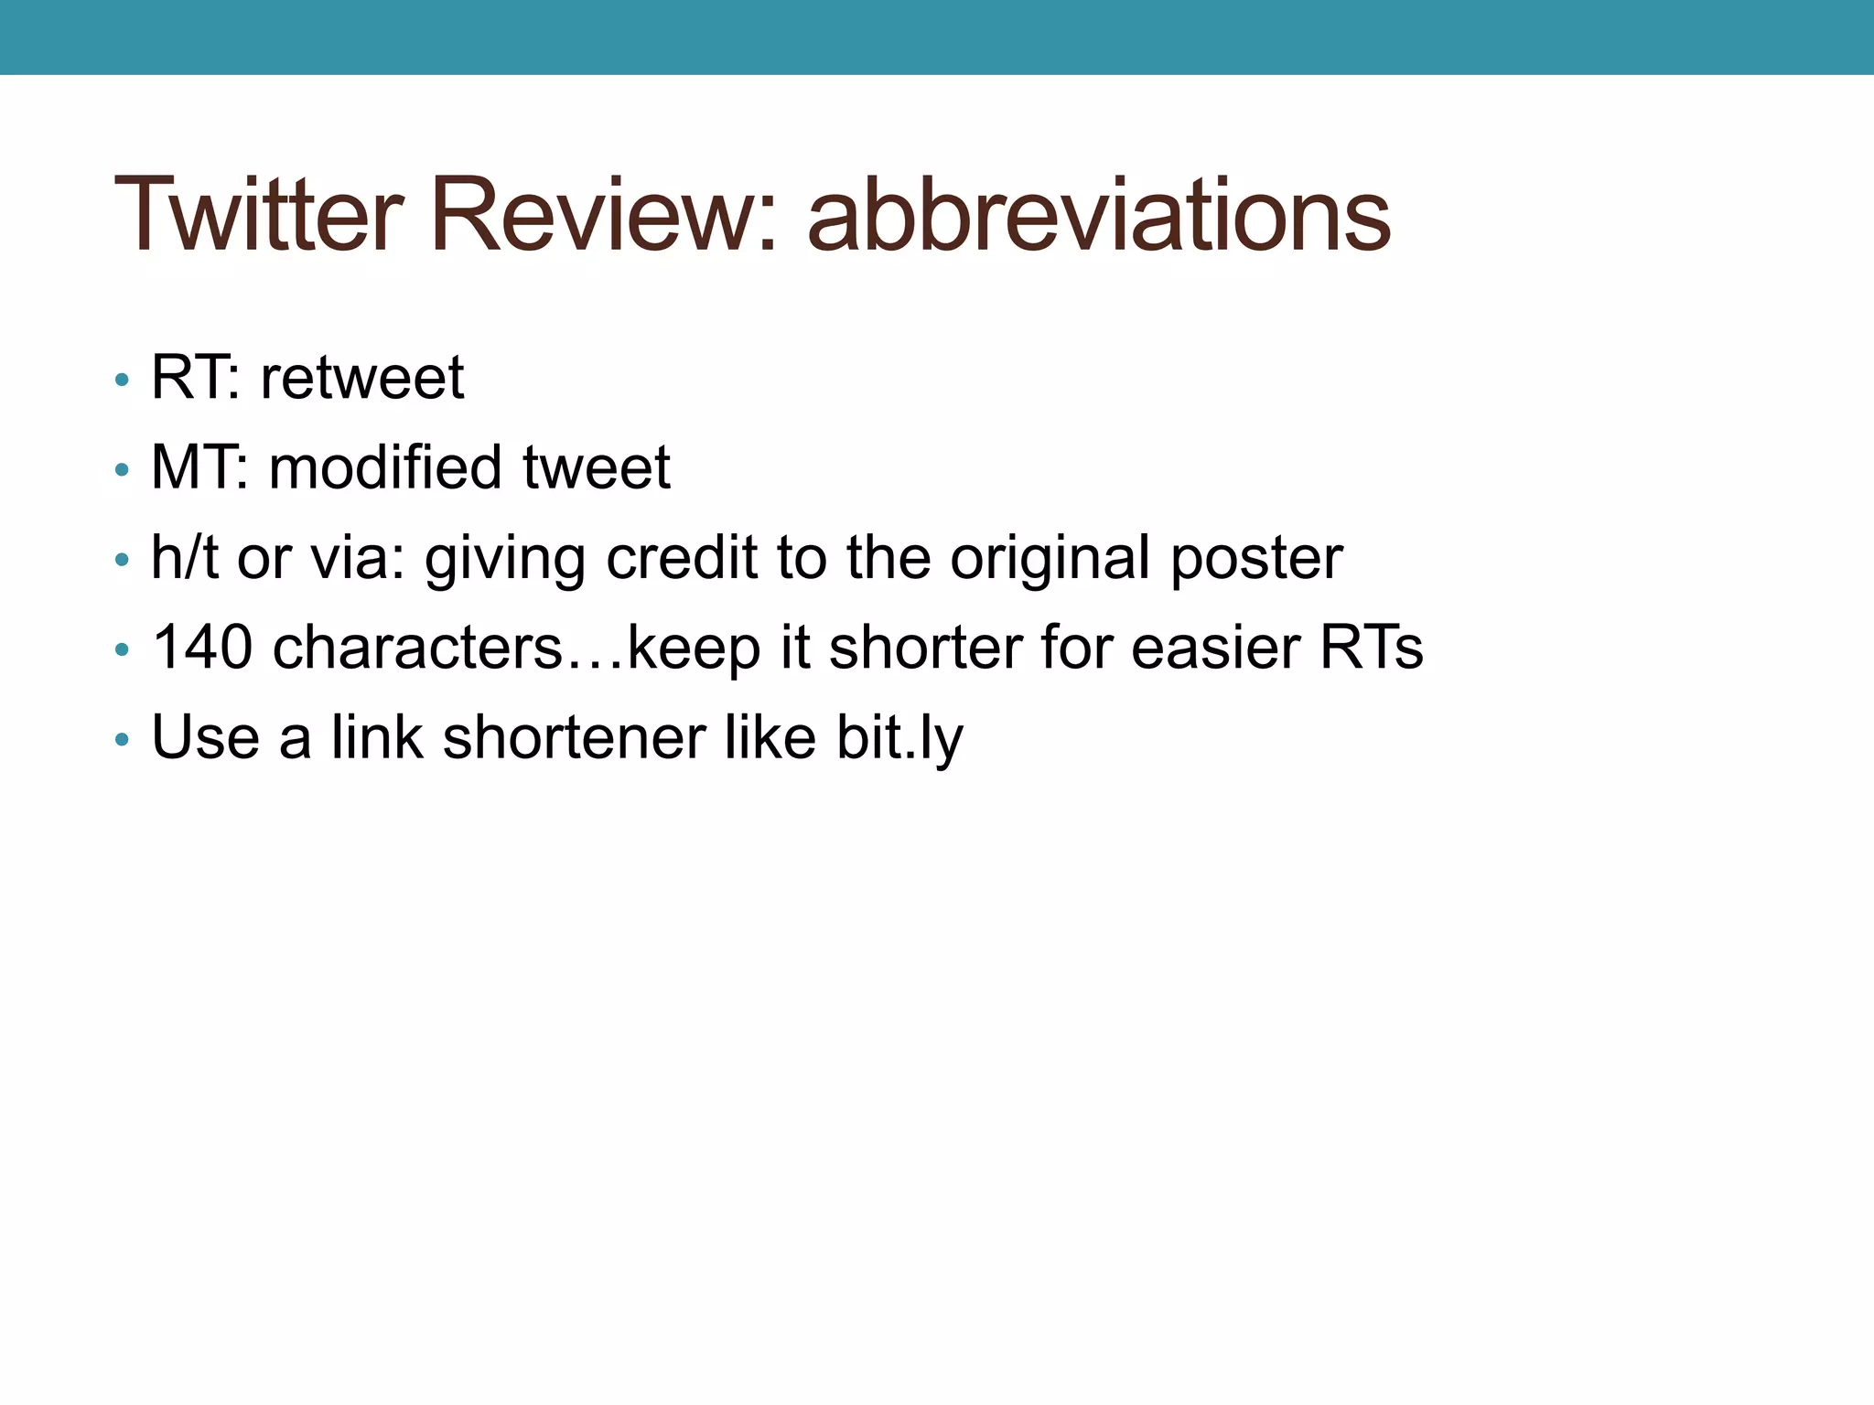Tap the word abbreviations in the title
1098,216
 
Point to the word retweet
362,379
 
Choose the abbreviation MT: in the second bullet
199,467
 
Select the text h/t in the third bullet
184,557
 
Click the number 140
202,648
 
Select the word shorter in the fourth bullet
925,648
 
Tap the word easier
1215,648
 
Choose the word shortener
575,737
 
